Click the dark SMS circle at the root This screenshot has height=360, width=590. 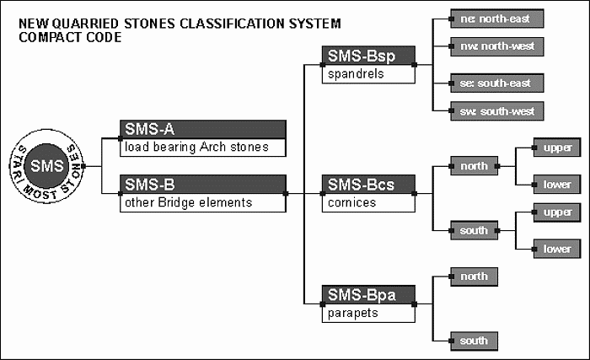(x=46, y=166)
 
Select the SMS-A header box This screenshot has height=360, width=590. (x=203, y=129)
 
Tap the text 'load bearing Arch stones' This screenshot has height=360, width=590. (x=196, y=147)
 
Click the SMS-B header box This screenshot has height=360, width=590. (x=203, y=184)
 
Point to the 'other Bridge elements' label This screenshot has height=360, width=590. (x=189, y=202)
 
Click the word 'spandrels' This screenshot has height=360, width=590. (x=356, y=74)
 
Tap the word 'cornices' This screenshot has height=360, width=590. (x=351, y=202)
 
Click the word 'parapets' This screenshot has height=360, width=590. (x=352, y=314)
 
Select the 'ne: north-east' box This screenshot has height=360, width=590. (x=496, y=19)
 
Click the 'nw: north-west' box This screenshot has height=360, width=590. (x=496, y=46)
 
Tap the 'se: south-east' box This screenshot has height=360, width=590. (x=496, y=83)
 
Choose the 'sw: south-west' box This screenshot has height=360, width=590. (x=496, y=111)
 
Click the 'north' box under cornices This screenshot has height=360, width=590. (x=474, y=166)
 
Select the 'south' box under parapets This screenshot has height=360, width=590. (x=474, y=341)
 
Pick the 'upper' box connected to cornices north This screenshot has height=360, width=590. (x=557, y=148)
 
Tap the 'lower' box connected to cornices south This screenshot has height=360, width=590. (x=557, y=249)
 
